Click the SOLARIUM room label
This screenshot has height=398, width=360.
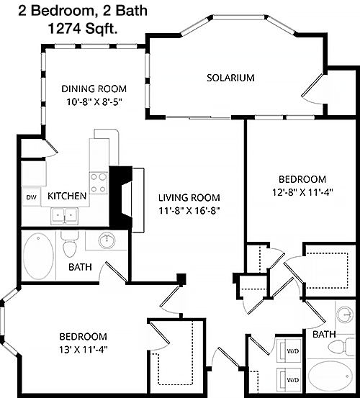tap(230, 78)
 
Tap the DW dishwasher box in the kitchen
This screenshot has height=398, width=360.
tap(32, 196)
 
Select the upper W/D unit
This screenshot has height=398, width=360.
tap(289, 350)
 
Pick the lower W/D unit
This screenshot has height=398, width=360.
tap(289, 379)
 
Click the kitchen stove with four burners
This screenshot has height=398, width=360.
tap(99, 183)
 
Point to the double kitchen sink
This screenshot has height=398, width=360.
tap(64, 216)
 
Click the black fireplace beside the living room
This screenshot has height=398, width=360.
tap(121, 196)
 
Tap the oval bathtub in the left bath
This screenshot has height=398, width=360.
tap(38, 256)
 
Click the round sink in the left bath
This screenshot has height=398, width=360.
tap(107, 240)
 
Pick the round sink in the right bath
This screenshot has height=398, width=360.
tap(344, 315)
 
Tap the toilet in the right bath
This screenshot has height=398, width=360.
tap(341, 346)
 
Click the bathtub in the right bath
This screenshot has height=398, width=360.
tap(330, 376)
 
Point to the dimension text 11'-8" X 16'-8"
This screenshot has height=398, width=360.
tap(189, 211)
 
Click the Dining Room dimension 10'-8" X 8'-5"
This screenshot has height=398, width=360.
tap(94, 102)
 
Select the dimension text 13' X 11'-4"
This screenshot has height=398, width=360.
tap(84, 350)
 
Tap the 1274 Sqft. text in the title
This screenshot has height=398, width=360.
tap(83, 29)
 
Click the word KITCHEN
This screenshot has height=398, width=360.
tap(67, 196)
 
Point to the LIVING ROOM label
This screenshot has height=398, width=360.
tap(189, 197)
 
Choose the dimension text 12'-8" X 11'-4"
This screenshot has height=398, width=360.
tap(302, 192)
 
